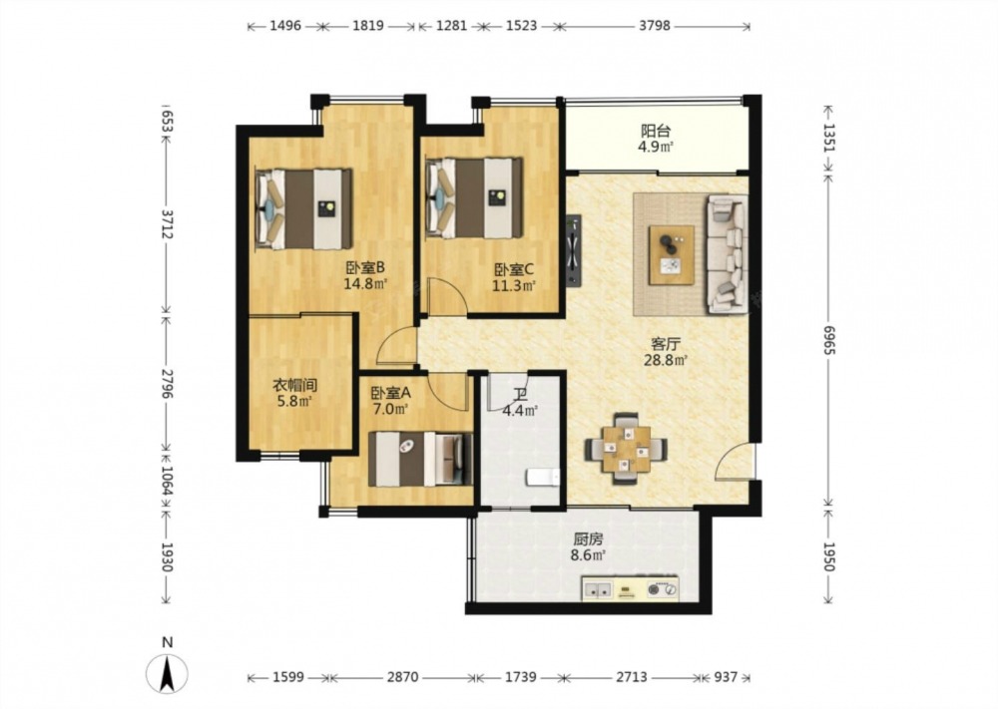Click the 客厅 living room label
pyautogui.click(x=666, y=344)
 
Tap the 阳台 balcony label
pyautogui.click(x=656, y=131)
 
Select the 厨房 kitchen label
pyautogui.click(x=588, y=539)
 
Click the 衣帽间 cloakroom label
pyautogui.click(x=294, y=385)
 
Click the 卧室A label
pyautogui.click(x=391, y=393)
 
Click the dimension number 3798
pyautogui.click(x=655, y=26)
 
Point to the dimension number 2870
pyautogui.click(x=403, y=677)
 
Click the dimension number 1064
pyautogui.click(x=167, y=482)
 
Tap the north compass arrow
pyautogui.click(x=167, y=675)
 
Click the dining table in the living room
pyautogui.click(x=627, y=449)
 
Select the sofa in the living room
pyautogui.click(x=728, y=253)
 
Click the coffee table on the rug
pyautogui.click(x=672, y=255)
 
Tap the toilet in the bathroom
pyautogui.click(x=543, y=477)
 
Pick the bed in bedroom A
pyautogui.click(x=421, y=459)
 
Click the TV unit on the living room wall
pyautogui.click(x=574, y=250)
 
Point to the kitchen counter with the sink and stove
pyautogui.click(x=630, y=588)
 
